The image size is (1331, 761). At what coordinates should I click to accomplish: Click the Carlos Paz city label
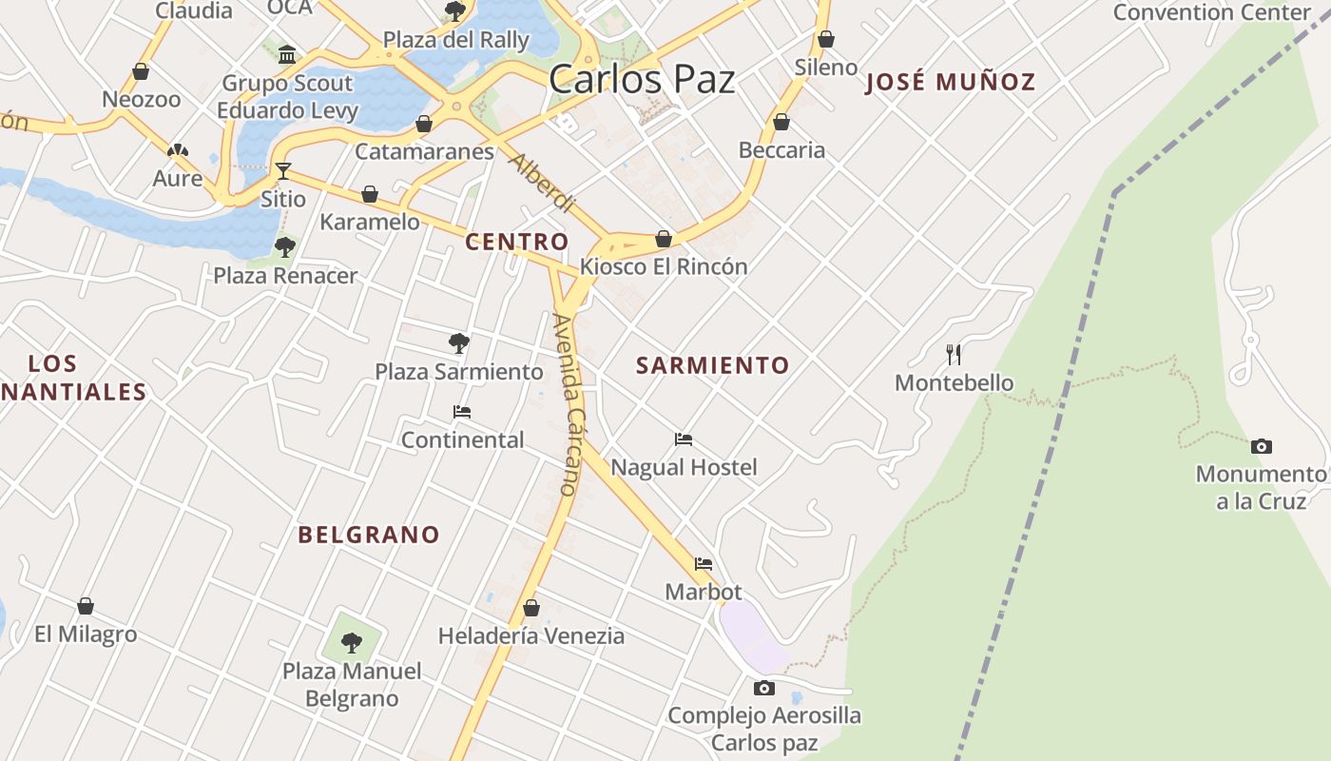642,78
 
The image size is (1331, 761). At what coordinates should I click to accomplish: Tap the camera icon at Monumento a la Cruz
1261,446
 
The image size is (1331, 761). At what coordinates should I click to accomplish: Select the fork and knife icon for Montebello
955,355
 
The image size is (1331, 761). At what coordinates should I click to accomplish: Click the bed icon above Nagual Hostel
684,439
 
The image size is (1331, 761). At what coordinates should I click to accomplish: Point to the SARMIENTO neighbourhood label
712,365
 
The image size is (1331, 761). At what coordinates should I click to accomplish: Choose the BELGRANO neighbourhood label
369,535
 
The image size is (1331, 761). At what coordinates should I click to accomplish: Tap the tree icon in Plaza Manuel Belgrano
352,642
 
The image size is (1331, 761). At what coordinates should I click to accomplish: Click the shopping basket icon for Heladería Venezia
531,608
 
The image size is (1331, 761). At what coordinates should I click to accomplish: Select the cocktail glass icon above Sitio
283,171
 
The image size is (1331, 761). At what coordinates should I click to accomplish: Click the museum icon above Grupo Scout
287,54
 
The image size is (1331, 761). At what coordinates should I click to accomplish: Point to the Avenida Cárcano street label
569,404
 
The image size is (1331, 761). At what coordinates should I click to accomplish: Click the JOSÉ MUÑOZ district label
950,82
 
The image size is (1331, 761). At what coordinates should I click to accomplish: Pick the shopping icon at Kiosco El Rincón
664,239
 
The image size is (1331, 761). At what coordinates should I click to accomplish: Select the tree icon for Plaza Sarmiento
459,342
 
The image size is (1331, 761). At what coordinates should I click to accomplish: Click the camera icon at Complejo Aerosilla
763,688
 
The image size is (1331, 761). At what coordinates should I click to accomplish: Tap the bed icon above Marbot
704,564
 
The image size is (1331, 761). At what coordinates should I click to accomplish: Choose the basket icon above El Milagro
86,606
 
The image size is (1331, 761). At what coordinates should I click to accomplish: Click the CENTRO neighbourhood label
516,242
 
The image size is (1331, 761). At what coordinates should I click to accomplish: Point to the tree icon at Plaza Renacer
284,248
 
